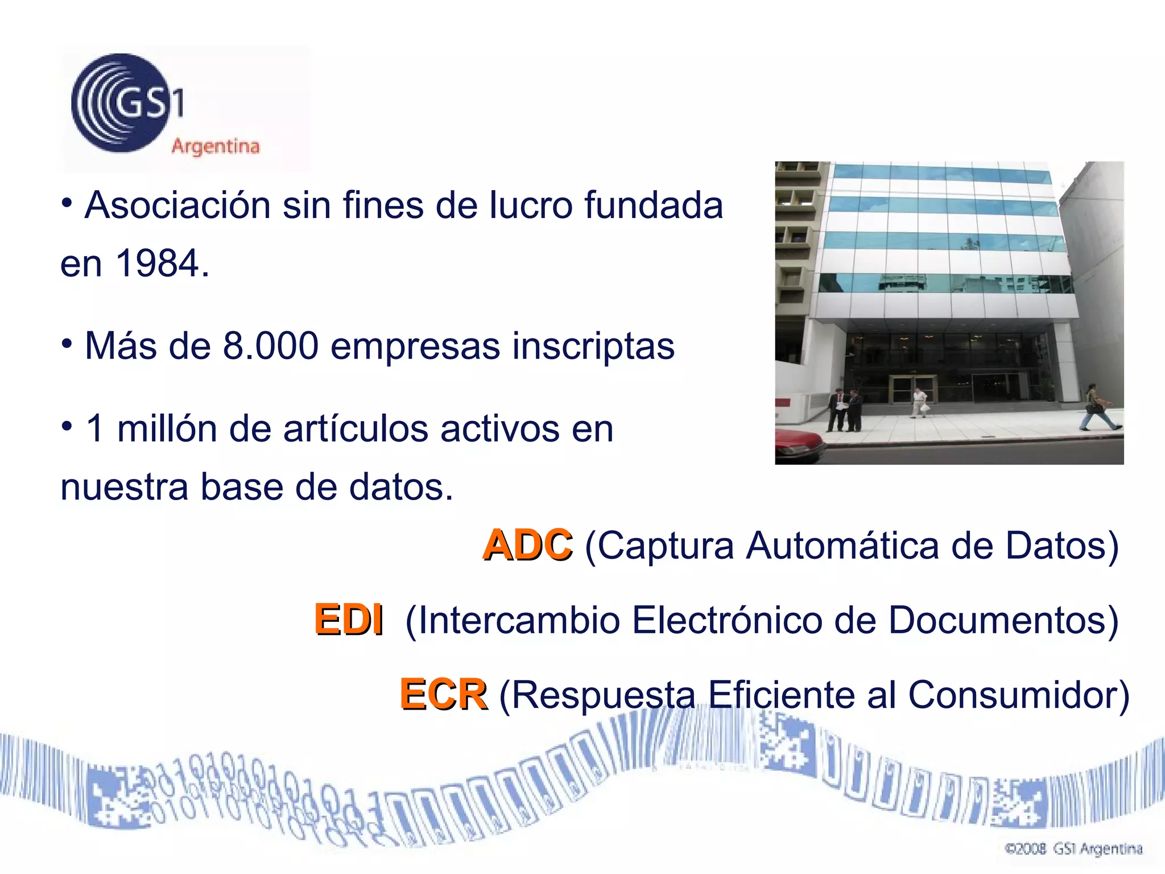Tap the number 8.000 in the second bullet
click(270, 346)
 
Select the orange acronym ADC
click(527, 545)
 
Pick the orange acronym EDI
click(349, 620)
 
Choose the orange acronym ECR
click(443, 695)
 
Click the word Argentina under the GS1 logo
click(216, 146)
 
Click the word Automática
click(842, 546)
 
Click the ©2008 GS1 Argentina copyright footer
click(1074, 849)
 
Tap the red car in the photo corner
click(798, 443)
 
